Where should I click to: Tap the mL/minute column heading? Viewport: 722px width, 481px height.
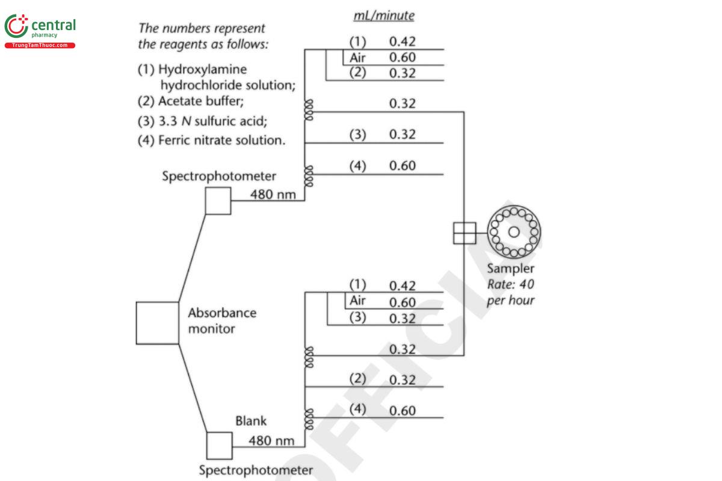383,16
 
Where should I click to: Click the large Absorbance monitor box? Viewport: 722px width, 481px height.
158,323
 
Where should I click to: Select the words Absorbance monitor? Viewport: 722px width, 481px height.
221,320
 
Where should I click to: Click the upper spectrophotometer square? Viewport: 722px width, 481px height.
218,201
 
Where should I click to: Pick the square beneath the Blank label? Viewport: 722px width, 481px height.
219,446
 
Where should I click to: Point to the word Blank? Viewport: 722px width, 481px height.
250,421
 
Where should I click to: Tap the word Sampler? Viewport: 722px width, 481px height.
510,269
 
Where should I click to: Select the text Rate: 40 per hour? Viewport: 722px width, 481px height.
510,292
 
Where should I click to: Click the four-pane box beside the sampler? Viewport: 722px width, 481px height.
464,233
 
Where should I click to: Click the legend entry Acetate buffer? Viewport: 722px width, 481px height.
191,101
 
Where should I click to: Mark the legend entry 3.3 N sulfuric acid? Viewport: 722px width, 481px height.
203,121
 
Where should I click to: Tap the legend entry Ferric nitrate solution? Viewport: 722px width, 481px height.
211,141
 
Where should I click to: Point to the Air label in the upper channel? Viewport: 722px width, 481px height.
358,58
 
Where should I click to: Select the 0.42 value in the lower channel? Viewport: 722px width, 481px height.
402,286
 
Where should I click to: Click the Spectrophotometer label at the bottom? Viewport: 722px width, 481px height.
256,470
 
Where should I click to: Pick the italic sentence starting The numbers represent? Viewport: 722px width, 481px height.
203,36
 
